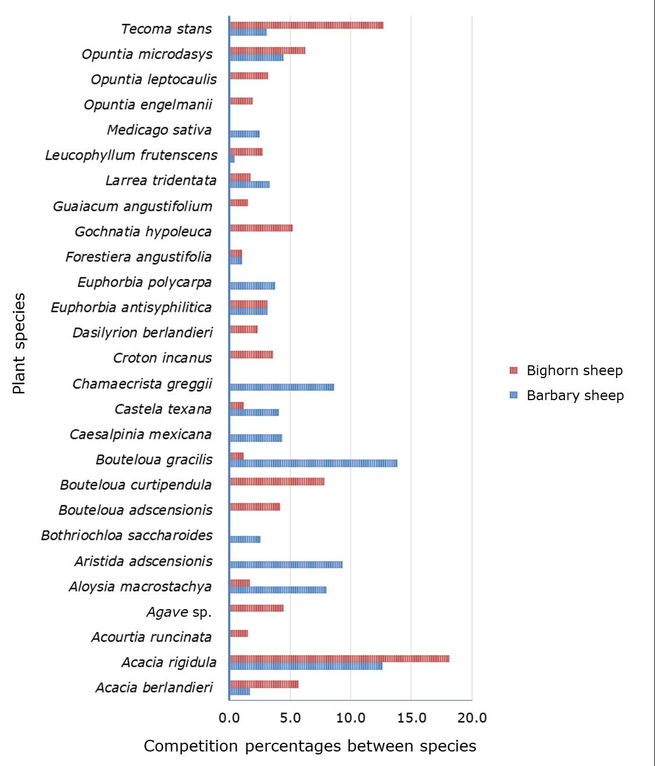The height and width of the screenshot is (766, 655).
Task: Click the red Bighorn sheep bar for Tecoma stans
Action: point(306,25)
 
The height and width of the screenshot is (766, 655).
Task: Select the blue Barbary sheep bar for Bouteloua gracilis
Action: point(313,463)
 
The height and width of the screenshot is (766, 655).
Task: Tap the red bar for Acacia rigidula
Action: point(339,659)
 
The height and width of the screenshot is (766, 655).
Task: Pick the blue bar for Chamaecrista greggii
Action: point(282,387)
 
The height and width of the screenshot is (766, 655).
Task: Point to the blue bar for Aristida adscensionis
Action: point(286,564)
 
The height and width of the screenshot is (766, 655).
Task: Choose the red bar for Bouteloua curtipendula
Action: point(277,481)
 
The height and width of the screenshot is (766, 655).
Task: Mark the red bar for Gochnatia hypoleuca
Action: point(261,228)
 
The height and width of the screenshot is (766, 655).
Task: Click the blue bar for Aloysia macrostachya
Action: point(278,590)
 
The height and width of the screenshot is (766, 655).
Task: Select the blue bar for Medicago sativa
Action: point(245,134)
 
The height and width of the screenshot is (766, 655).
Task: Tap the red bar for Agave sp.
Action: point(257,608)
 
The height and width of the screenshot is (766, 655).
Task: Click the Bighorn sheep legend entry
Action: point(574,371)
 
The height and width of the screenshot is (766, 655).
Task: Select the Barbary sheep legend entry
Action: point(574,395)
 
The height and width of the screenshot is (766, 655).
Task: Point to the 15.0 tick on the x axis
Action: point(411,718)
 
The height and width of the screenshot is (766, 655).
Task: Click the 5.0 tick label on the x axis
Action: point(290,718)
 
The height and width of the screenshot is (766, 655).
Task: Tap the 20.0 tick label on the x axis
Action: point(472,718)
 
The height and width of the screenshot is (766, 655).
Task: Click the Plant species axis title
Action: point(19,344)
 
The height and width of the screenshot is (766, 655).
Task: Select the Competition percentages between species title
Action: point(310,746)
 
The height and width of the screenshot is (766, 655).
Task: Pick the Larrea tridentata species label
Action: point(160,181)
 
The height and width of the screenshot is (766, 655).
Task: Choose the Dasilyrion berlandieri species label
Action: point(142,333)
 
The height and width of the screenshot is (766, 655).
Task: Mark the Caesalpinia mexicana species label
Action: point(140,434)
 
